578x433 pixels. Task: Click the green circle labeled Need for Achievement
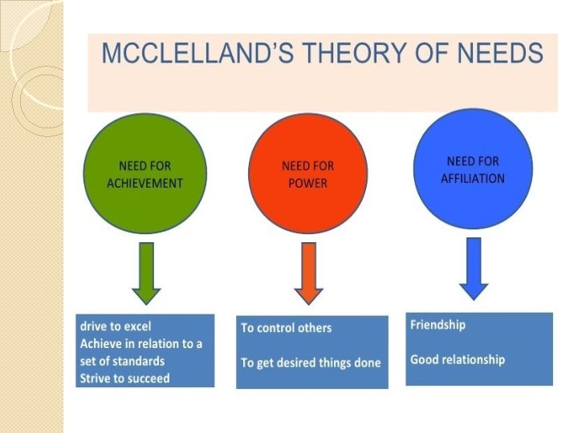(145, 175)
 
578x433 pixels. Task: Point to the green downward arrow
(144, 274)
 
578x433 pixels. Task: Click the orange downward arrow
(307, 274)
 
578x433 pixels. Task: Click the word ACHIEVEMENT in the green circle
(145, 183)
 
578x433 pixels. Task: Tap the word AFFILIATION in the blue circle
(473, 178)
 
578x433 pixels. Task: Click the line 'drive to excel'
(116, 326)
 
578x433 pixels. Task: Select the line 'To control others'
(286, 328)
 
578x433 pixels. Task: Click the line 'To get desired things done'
(311, 362)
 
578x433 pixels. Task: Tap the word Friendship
(438, 325)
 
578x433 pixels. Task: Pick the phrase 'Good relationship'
(458, 359)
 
